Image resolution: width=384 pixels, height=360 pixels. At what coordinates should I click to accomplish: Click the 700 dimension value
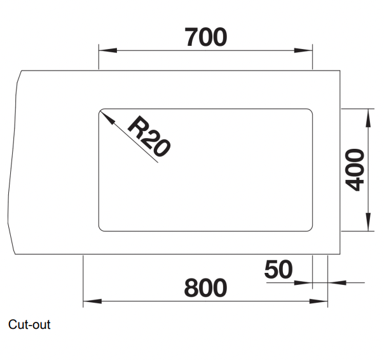click(205, 38)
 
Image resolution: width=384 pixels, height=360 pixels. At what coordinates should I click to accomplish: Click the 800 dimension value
click(205, 288)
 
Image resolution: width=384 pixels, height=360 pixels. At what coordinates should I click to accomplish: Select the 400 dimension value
click(356, 170)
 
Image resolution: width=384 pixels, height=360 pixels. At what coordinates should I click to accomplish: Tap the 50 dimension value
click(278, 270)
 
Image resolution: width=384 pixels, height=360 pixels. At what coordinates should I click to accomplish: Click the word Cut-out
click(29, 325)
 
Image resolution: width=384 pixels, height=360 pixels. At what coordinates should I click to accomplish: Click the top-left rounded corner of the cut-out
click(101, 111)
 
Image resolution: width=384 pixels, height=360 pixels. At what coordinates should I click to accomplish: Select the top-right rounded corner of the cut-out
click(310, 111)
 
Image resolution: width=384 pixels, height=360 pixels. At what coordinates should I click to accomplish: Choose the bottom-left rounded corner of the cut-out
click(101, 227)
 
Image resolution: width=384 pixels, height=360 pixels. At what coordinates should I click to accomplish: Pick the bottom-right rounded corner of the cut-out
click(310, 227)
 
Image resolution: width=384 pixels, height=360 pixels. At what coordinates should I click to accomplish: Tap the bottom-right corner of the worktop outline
click(341, 254)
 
